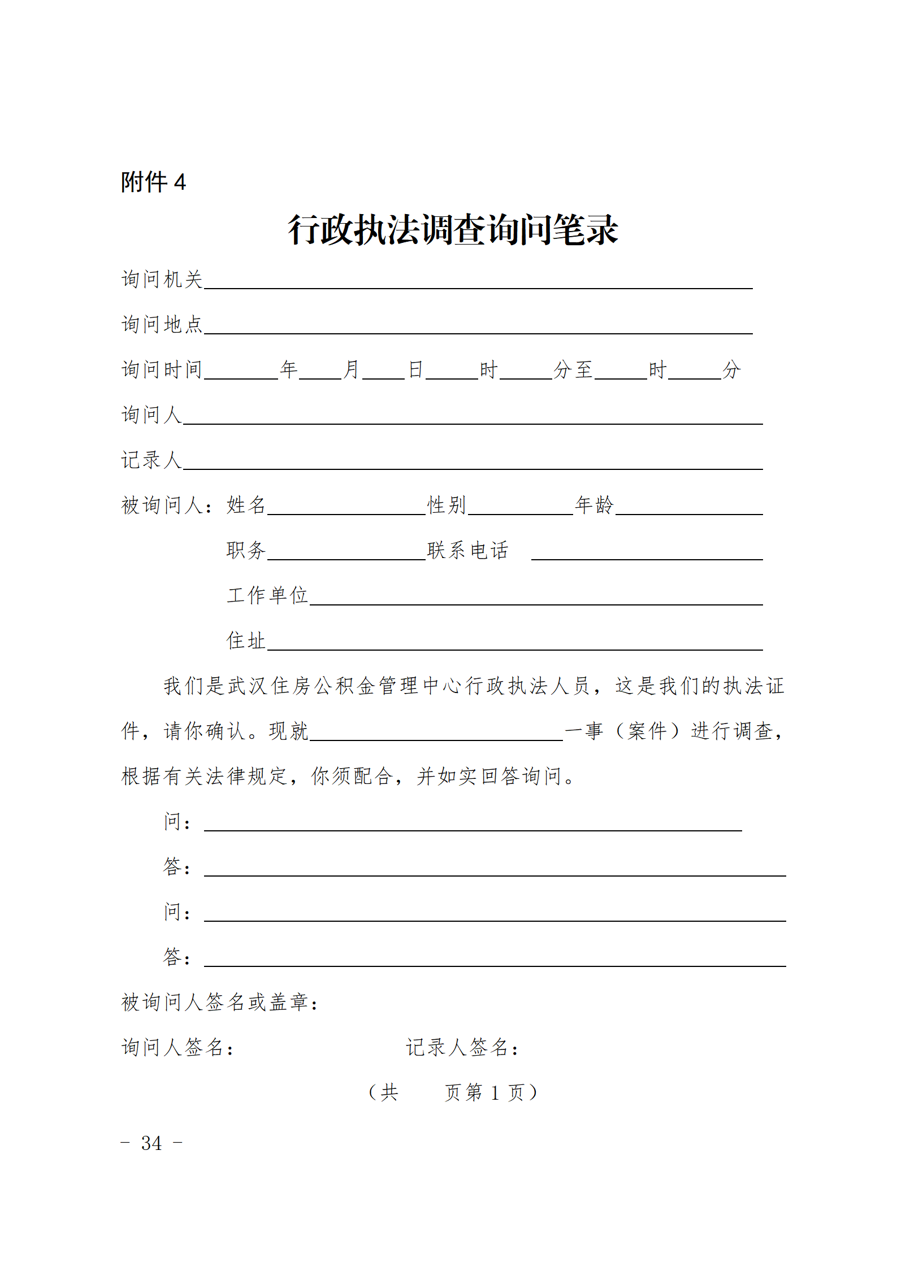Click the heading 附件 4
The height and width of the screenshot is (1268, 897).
pyautogui.click(x=153, y=182)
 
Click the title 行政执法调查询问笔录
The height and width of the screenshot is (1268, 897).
pyautogui.click(x=453, y=230)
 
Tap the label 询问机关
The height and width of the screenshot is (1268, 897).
pyautogui.click(x=162, y=280)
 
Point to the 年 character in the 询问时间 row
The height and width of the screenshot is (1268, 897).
pyautogui.click(x=289, y=370)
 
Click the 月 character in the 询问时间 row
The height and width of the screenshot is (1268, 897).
pyautogui.click(x=352, y=370)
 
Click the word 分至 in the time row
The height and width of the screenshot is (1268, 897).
pyautogui.click(x=573, y=370)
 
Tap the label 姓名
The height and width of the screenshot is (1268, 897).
pyautogui.click(x=246, y=505)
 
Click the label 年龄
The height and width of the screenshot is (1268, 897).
pyautogui.click(x=594, y=505)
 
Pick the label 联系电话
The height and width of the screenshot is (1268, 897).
pyautogui.click(x=468, y=550)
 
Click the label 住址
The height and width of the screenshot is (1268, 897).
pyautogui.click(x=246, y=640)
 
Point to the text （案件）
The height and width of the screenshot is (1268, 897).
pyautogui.click(x=647, y=731)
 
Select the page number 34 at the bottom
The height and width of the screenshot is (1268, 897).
pyautogui.click(x=151, y=1143)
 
